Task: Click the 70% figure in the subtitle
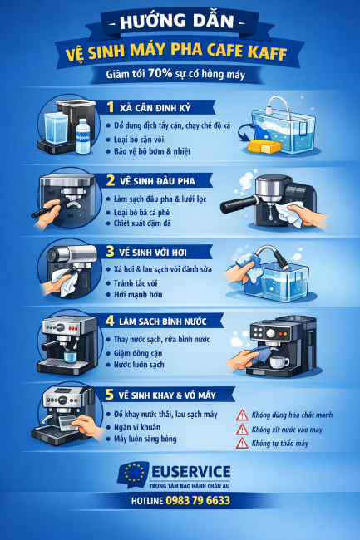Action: (160, 73)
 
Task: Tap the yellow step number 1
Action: (111, 107)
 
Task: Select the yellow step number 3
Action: (110, 251)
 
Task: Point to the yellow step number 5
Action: (110, 395)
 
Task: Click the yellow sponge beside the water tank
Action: (264, 146)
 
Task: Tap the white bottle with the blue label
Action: (82, 136)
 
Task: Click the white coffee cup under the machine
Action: (279, 362)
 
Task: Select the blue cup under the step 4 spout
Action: (70, 356)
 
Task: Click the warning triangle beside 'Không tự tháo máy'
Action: (242, 443)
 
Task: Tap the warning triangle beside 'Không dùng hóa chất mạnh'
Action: (242, 415)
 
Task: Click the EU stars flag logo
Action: (134, 474)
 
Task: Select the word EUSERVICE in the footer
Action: (191, 472)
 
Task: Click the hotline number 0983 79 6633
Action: (198, 500)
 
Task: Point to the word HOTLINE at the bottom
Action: (147, 501)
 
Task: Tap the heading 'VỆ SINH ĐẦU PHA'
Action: (157, 181)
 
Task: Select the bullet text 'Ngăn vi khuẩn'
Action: (137, 427)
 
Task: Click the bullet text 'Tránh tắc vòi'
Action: (136, 283)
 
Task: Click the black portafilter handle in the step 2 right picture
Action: (239, 204)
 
